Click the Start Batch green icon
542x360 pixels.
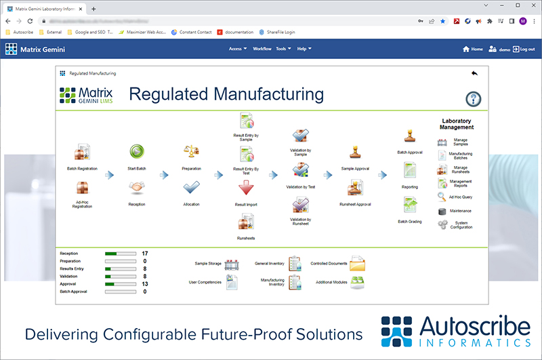(x=138, y=151)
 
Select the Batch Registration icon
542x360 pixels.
(x=83, y=152)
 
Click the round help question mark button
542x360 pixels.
(x=474, y=99)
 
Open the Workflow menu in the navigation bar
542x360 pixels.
(x=262, y=49)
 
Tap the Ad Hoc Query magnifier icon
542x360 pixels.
(x=442, y=197)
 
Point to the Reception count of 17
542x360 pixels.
(x=145, y=254)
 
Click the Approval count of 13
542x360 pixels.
(x=145, y=284)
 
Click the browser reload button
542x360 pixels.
(x=30, y=21)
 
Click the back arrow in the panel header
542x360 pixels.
(x=474, y=73)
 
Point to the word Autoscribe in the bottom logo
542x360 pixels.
(x=472, y=327)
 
